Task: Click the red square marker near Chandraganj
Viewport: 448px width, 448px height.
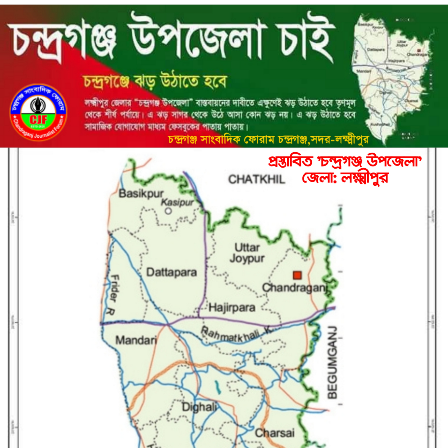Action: tap(297, 275)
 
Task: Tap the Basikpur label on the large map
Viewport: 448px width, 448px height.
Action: tap(141, 193)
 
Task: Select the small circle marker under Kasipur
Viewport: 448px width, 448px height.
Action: tap(168, 211)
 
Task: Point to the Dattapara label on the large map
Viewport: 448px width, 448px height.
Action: tap(171, 272)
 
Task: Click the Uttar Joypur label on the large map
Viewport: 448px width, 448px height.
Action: tap(247, 253)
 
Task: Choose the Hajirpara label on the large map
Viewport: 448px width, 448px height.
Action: tap(232, 308)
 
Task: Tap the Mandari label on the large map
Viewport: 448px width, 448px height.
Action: tap(136, 340)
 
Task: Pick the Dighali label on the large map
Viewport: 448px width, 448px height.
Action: tap(199, 407)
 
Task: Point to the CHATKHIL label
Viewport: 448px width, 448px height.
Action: tap(256, 179)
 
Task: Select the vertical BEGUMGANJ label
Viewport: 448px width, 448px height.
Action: tap(332, 362)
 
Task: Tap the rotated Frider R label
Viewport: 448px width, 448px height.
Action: tap(114, 295)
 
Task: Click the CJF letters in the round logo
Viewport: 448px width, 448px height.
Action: tap(39, 120)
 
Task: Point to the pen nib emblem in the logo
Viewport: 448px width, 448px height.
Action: tap(38, 105)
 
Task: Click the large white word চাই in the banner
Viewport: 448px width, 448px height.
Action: tap(305, 39)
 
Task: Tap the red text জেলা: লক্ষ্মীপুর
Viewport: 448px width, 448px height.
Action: tap(345, 178)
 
